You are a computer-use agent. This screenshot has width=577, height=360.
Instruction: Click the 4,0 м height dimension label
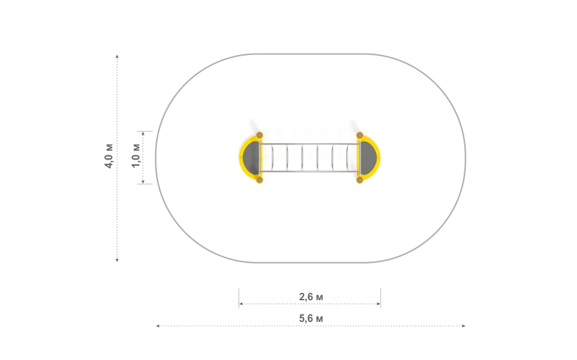109,156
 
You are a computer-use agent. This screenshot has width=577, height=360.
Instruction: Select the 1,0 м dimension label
136,156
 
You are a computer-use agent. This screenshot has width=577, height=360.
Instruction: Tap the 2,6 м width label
311,297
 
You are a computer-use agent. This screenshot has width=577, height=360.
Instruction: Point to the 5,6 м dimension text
311,319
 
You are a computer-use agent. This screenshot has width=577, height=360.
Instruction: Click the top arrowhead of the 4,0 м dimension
117,56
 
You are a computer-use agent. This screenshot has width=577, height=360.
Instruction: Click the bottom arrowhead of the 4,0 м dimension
117,260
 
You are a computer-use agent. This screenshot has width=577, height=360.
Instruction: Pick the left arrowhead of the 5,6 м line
158,326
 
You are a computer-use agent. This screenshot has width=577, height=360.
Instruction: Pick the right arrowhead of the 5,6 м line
464,326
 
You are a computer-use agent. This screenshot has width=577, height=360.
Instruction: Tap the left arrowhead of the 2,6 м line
241,304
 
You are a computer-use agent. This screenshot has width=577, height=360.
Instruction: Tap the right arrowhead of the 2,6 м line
378,304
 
